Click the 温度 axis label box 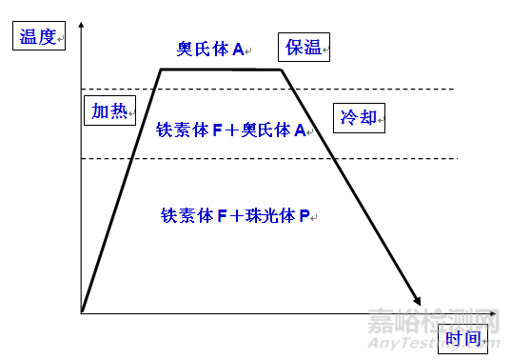click(x=39, y=38)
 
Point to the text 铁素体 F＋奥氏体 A click(x=233, y=130)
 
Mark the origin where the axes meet click(x=83, y=311)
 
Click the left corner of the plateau click(x=160, y=69)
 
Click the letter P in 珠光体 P click(x=304, y=216)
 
